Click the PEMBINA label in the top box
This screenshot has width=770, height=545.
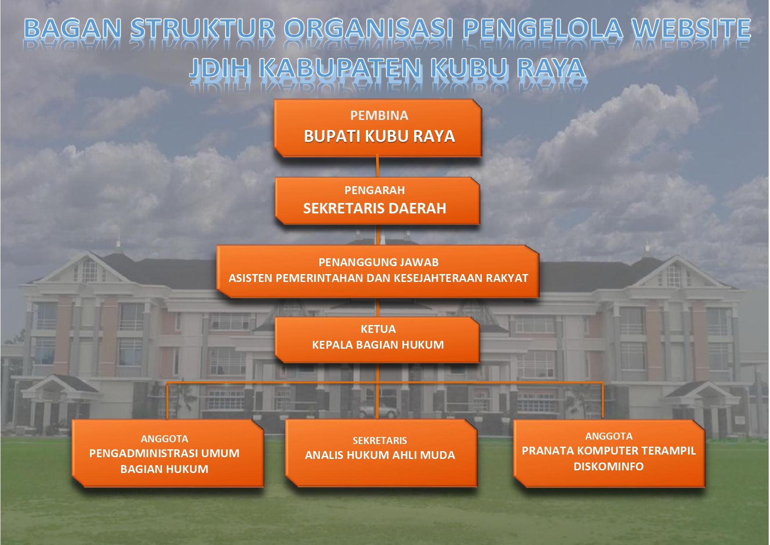coord(379,115)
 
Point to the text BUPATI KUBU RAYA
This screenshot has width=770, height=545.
coord(379,136)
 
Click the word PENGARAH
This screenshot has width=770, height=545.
coord(375,190)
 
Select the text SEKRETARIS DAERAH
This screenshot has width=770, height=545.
coord(375,208)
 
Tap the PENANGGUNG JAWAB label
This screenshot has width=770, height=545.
coord(379,262)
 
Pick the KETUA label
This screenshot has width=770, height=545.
coord(378,329)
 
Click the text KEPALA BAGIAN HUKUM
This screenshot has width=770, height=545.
coord(378,345)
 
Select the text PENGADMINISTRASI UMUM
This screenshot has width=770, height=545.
coord(165,453)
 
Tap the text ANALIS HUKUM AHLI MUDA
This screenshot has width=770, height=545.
coord(380,455)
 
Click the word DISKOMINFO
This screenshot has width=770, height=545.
coord(609,466)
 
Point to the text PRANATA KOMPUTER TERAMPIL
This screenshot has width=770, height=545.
coord(609,451)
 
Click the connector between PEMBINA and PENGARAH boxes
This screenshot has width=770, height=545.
coord(377,167)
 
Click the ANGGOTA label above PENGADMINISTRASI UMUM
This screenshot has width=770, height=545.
coord(165,439)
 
